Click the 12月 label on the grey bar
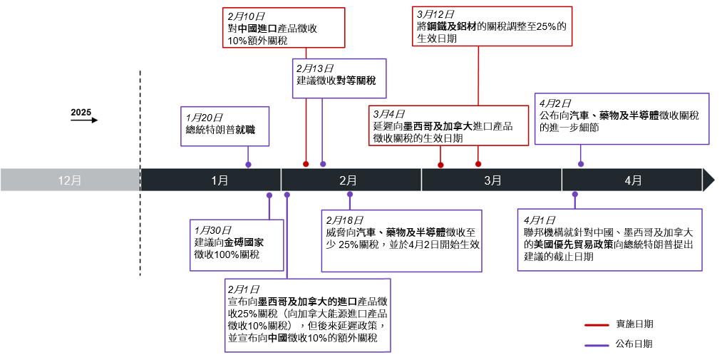click(70, 180)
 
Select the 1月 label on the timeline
click(220, 180)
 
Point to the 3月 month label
click(492, 180)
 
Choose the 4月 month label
click(633, 180)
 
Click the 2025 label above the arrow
click(81, 113)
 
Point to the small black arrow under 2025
click(84, 120)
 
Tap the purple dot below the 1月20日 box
click(248, 165)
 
